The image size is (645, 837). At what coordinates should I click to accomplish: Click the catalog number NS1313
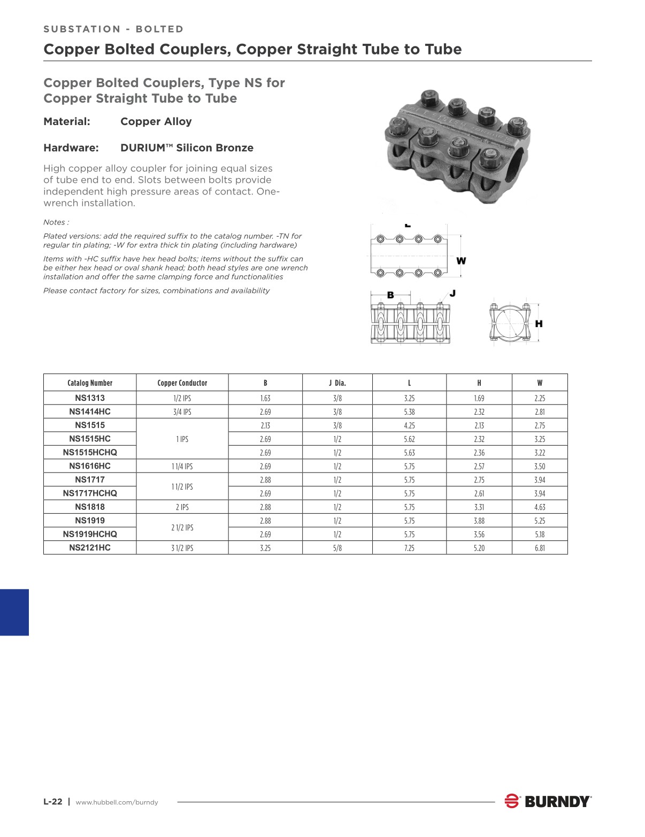90,398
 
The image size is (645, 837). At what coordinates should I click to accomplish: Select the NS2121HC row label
90,547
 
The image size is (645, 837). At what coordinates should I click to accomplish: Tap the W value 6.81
540,548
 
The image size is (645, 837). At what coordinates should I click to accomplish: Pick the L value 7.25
409,548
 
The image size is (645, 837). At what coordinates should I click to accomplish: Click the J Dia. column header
337,383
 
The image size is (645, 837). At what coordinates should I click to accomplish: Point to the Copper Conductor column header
182,383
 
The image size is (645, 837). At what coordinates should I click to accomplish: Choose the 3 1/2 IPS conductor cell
182,548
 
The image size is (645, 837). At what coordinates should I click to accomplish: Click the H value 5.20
479,548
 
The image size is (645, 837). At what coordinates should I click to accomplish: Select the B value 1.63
265,398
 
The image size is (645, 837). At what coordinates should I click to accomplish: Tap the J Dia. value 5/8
337,548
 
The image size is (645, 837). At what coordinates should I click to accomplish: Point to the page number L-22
53,802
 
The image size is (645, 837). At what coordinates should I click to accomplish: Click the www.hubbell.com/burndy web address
117,802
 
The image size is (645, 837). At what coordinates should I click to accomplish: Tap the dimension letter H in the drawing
539,323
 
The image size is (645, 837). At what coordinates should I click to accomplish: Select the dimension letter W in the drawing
461,261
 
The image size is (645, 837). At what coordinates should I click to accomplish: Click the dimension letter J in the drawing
452,293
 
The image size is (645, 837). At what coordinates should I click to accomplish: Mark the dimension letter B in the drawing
390,295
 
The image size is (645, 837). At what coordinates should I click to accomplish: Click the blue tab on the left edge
14,612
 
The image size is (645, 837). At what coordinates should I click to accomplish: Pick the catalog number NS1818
90,507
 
